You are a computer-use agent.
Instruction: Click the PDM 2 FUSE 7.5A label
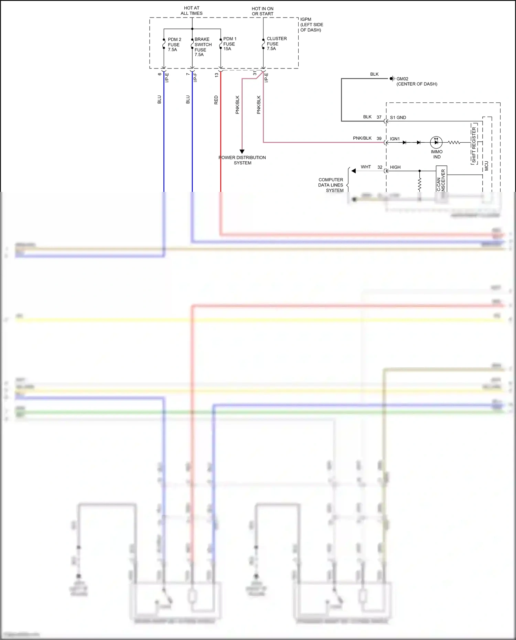(174, 45)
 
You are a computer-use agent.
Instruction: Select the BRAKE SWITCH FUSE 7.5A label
(203, 47)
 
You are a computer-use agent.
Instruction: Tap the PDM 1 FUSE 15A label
(229, 44)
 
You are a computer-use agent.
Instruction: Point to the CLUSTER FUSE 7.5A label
(276, 44)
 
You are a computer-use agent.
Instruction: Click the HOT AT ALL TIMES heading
(192, 11)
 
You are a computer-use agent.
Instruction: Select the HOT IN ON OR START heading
(262, 11)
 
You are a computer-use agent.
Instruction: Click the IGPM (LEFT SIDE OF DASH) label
(311, 25)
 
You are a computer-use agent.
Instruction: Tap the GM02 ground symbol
(392, 79)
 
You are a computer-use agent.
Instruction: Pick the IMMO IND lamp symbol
(436, 142)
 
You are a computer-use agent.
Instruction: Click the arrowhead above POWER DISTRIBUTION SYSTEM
(242, 151)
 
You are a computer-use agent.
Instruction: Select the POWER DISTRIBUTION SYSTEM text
(242, 160)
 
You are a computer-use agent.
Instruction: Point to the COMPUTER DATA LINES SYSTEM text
(331, 185)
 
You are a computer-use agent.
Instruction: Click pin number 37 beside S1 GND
(379, 117)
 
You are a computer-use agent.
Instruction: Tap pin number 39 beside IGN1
(379, 139)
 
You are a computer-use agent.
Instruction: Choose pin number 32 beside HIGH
(380, 167)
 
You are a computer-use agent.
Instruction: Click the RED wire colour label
(216, 100)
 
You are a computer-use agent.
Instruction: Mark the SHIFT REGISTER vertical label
(474, 145)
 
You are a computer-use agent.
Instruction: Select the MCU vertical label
(486, 166)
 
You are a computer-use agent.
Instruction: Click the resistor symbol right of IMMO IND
(454, 142)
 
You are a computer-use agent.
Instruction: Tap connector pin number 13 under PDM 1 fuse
(217, 75)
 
